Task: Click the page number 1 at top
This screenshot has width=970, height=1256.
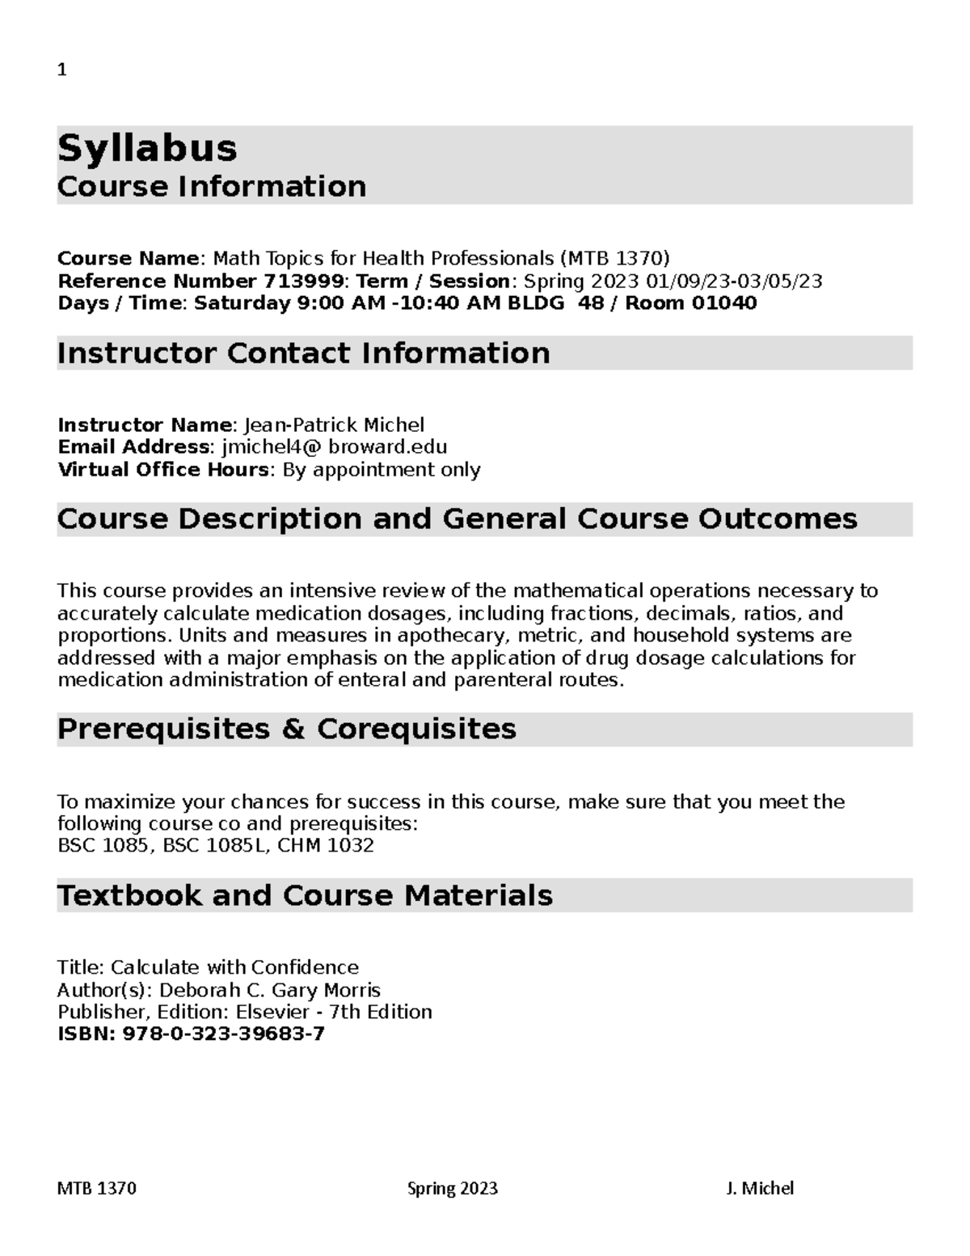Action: tap(61, 70)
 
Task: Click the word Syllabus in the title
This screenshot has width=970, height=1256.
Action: tap(147, 148)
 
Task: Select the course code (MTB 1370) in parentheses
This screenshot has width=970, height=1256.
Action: tap(614, 259)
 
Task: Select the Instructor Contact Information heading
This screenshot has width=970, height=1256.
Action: tap(303, 353)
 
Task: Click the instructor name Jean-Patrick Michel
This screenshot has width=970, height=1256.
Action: tap(334, 425)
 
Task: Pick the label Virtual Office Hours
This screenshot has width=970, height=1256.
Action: tap(163, 470)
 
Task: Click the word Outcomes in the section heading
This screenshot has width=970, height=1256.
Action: tap(778, 519)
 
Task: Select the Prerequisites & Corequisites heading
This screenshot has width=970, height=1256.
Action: tap(286, 729)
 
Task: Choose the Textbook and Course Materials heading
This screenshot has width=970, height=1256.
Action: tap(305, 896)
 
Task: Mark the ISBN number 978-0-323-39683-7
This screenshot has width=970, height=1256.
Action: tap(223, 1034)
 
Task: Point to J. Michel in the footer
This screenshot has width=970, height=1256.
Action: tap(760, 1188)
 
